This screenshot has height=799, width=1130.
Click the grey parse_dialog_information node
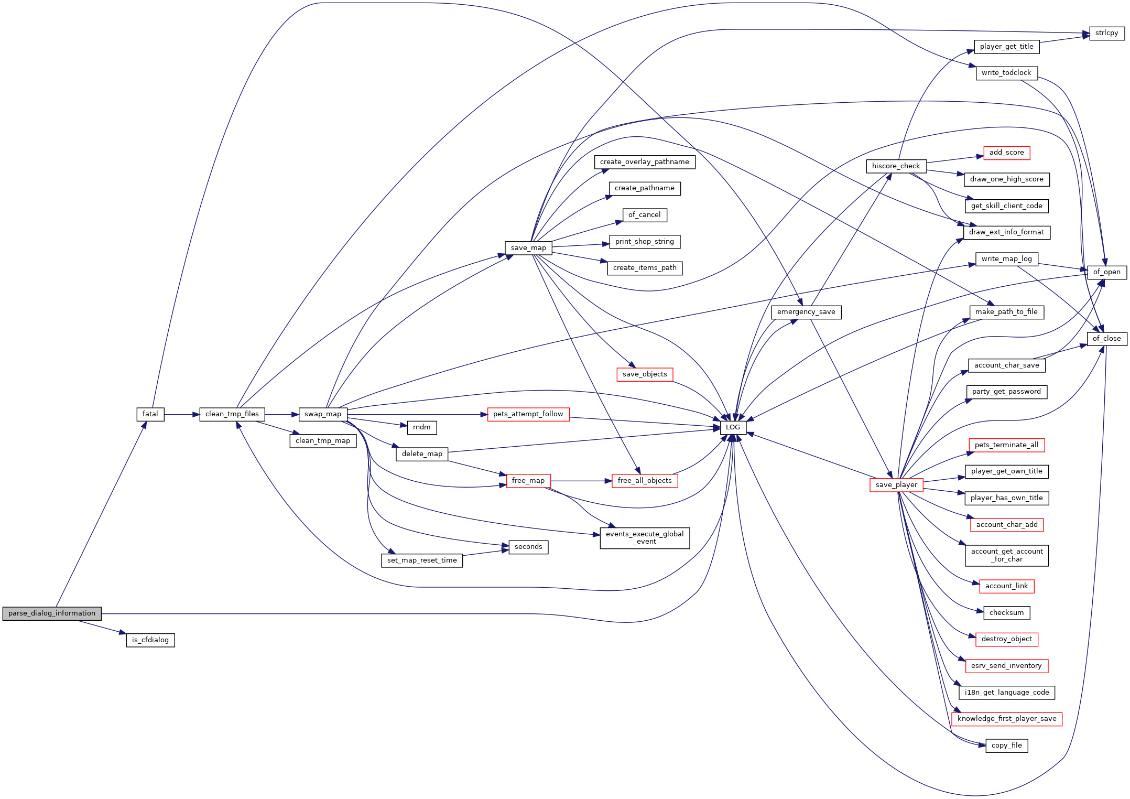[x=52, y=613]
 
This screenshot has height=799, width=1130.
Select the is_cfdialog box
[x=150, y=640]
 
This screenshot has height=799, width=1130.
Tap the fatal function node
[x=150, y=414]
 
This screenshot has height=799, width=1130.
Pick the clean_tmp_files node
[x=232, y=414]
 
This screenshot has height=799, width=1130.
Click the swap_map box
[x=323, y=414]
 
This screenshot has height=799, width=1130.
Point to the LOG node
[x=733, y=427]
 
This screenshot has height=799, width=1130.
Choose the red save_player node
[x=896, y=485]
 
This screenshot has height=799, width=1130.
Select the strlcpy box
[x=1107, y=33]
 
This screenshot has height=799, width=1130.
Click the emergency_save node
[x=806, y=312]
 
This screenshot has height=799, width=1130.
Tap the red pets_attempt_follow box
[x=528, y=414]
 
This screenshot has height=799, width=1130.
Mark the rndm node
[x=422, y=427]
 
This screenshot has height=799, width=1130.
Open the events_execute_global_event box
[x=645, y=538]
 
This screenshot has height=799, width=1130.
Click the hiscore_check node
[x=896, y=166]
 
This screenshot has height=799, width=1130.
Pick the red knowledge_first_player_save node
[x=1007, y=719]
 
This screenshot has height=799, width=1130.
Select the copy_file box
[x=1007, y=746]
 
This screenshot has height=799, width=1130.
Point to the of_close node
[x=1107, y=339]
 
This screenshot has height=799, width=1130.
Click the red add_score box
[x=1007, y=153]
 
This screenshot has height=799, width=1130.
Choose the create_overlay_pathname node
[x=645, y=162]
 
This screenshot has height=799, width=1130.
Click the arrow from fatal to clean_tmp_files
[x=182, y=414]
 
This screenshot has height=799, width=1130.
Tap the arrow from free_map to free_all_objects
[x=581, y=481]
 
